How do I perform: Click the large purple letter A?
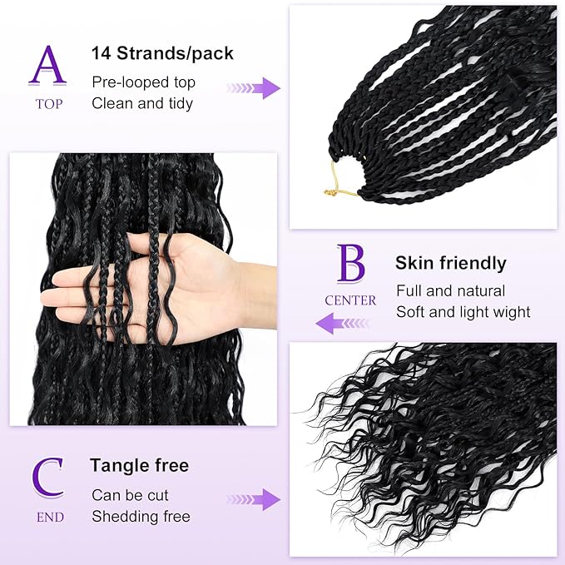[47, 66]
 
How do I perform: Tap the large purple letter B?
[350, 265]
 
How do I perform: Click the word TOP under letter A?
[48, 104]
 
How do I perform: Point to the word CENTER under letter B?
[350, 300]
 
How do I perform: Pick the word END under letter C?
[50, 517]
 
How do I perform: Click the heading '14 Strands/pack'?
[162, 54]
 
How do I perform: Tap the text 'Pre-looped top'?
[143, 82]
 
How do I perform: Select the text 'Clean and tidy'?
[142, 103]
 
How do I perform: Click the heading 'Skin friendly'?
[450, 264]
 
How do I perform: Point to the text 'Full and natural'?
[450, 291]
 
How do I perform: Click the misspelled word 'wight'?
[511, 312]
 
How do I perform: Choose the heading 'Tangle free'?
[140, 465]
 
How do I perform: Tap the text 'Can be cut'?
[130, 495]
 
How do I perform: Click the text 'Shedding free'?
[141, 517]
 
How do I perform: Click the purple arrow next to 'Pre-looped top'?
[254, 88]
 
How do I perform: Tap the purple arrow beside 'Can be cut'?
[254, 499]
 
